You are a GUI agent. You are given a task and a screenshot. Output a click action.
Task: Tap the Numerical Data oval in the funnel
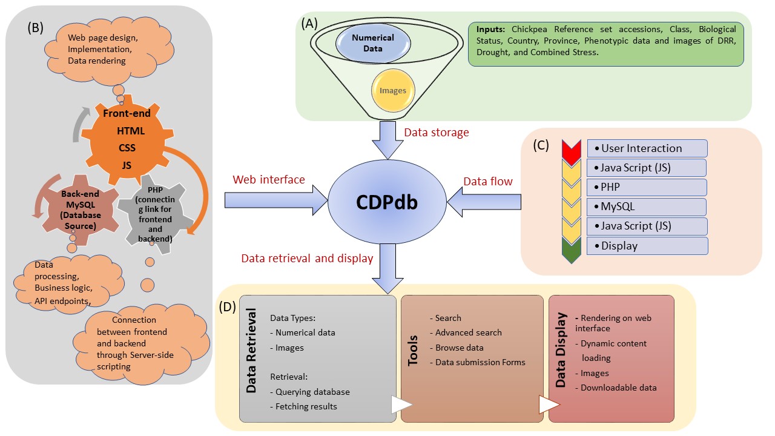point(373,42)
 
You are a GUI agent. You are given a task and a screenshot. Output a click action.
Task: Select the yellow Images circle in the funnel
point(393,91)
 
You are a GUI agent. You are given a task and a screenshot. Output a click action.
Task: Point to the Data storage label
point(436,133)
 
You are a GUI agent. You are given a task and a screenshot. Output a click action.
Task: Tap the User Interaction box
point(647,148)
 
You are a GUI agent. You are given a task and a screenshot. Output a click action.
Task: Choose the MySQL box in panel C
point(647,206)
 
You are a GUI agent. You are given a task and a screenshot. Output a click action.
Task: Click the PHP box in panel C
point(647,187)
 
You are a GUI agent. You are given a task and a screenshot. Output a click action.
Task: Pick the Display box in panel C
point(647,246)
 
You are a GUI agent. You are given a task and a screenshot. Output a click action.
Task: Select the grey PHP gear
point(155,213)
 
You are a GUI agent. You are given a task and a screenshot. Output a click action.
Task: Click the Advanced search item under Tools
point(468,332)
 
